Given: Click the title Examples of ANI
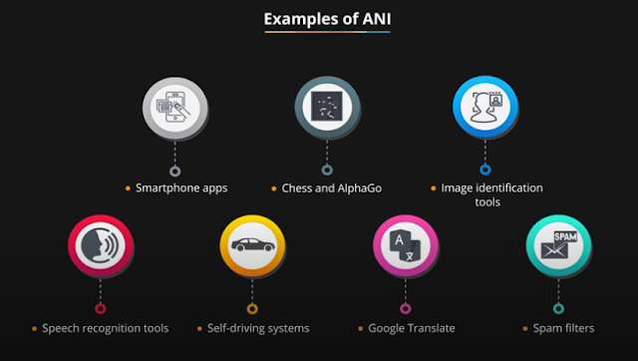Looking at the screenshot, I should click(319, 19).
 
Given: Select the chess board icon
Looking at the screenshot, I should click(327, 109).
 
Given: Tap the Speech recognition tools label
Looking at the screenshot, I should click(104, 327).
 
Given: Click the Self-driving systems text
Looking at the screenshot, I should click(257, 327).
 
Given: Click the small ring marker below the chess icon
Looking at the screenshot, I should click(327, 170).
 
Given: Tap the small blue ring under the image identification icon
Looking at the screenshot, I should click(484, 170).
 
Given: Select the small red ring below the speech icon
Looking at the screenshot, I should click(100, 308).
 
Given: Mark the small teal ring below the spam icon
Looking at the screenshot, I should click(558, 308).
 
